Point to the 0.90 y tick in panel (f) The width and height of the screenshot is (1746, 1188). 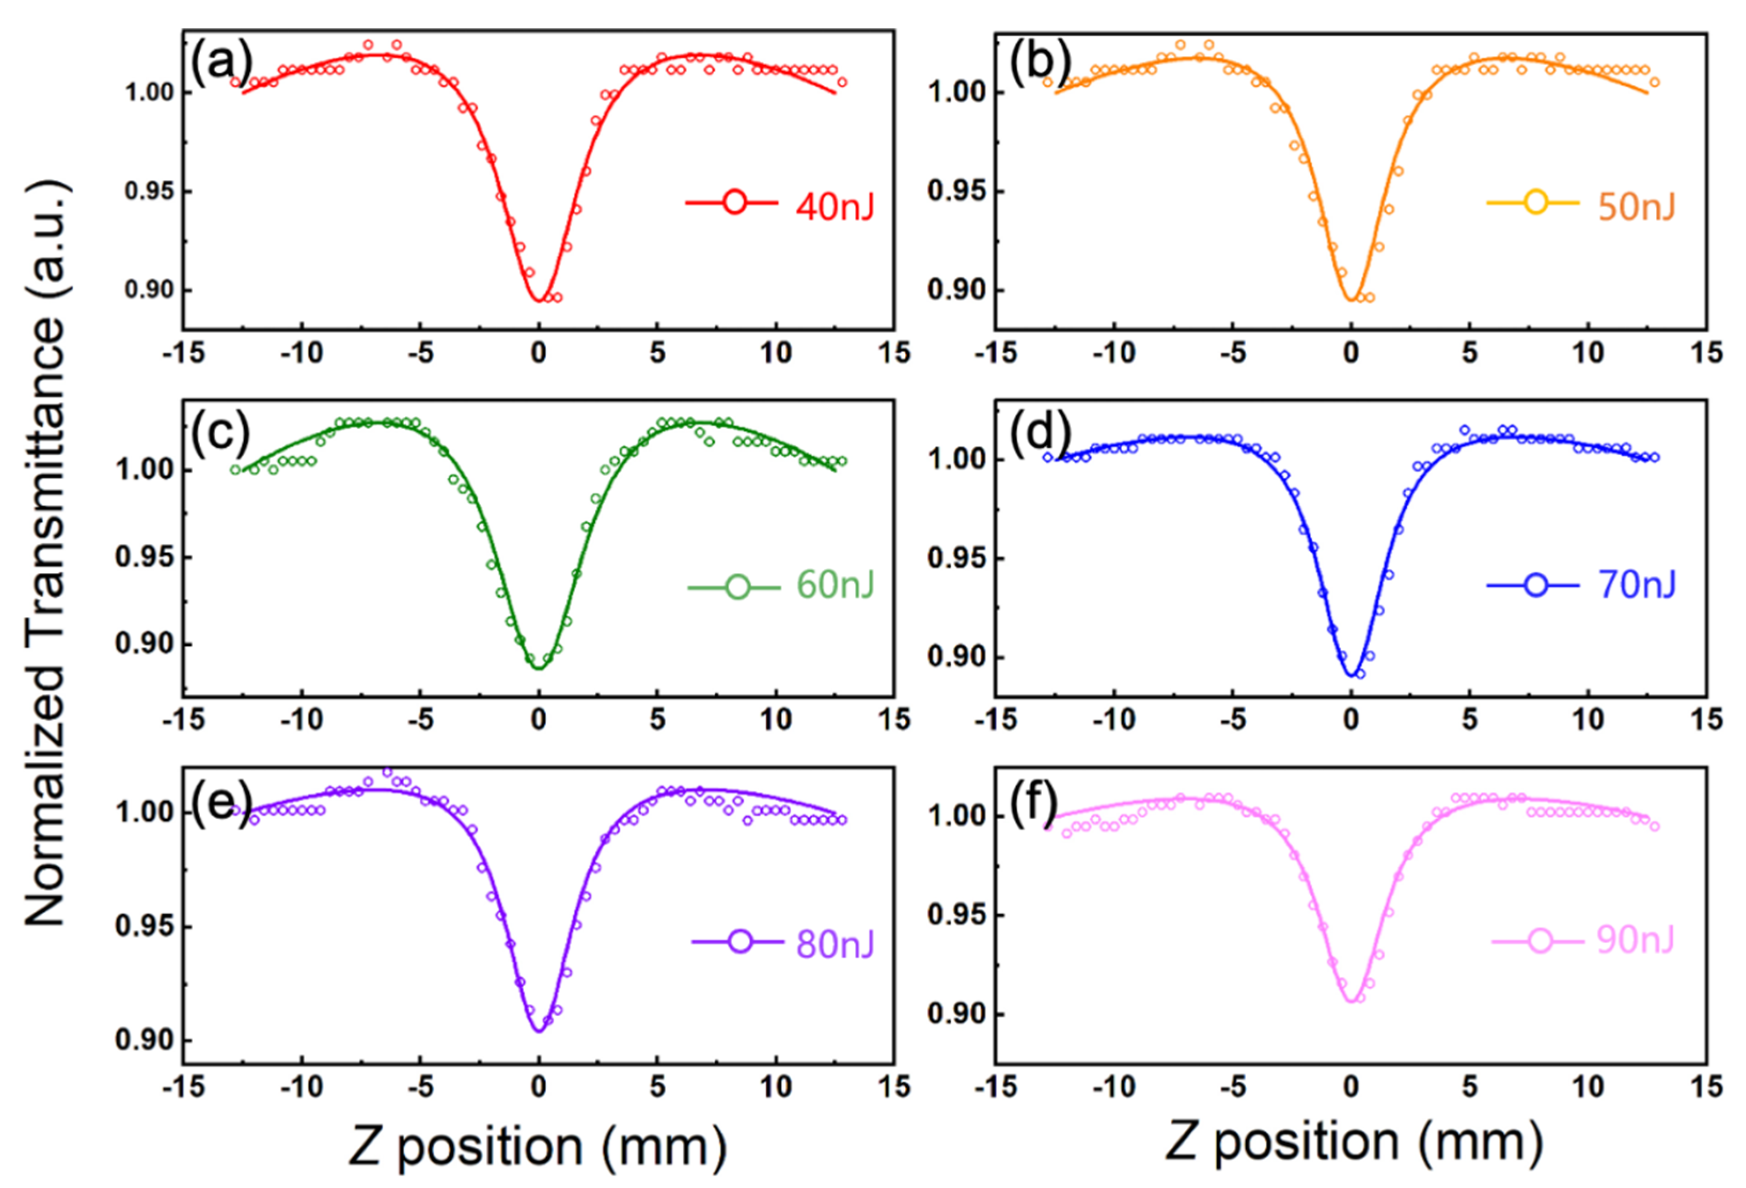click(x=951, y=1012)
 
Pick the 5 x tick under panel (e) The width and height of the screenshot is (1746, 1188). click(x=657, y=1086)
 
